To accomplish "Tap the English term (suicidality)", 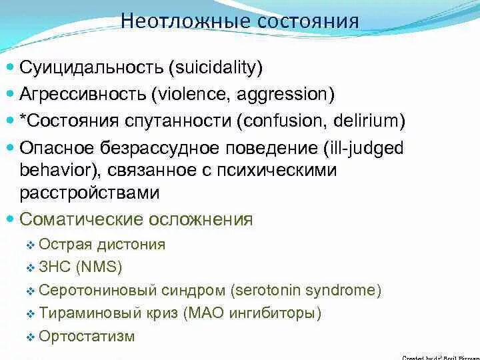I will pyautogui.click(x=216, y=67).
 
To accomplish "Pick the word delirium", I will pyautogui.click(x=371, y=121).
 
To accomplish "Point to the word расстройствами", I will pyautogui.click(x=89, y=193).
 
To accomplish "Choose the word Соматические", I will pyautogui.click(x=81, y=219).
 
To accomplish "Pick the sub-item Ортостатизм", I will pyautogui.click(x=87, y=336).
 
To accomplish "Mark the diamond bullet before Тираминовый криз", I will pyautogui.click(x=30, y=314).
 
